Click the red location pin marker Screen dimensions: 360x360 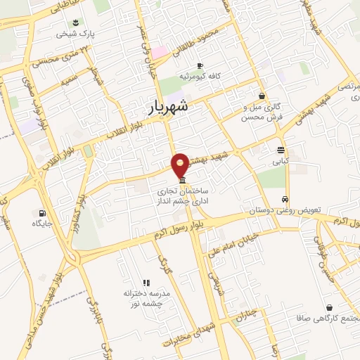181,164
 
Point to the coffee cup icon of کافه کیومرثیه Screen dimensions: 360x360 200,64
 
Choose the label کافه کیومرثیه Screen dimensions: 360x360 200,75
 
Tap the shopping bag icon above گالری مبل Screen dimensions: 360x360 262,96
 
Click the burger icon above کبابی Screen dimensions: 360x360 281,150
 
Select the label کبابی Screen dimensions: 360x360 281,161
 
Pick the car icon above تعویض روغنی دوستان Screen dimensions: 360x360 285,199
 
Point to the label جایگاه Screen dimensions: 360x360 42,224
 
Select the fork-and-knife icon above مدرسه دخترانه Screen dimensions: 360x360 147,282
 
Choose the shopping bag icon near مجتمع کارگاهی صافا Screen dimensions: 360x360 330,307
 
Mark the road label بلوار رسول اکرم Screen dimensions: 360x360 179,231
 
